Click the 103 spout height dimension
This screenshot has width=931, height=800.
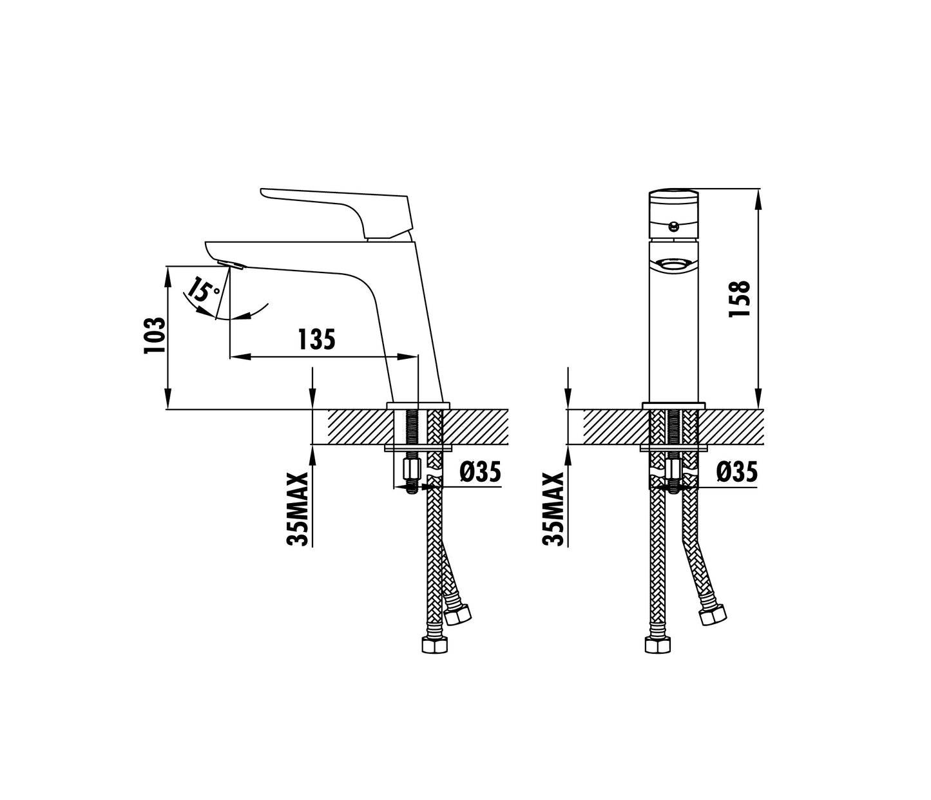tap(155, 336)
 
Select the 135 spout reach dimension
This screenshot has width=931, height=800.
tap(316, 339)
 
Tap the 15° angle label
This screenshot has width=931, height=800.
tap(204, 291)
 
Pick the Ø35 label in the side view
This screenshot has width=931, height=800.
tap(479, 473)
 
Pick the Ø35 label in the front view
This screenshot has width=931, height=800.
tap(736, 473)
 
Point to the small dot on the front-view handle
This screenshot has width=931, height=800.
tap(673, 225)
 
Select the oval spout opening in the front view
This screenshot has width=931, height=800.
tap(673, 264)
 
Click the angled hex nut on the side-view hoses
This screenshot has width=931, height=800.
tap(459, 616)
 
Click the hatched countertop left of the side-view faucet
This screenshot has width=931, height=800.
tap(357, 426)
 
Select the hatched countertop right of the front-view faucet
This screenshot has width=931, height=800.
tap(734, 426)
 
